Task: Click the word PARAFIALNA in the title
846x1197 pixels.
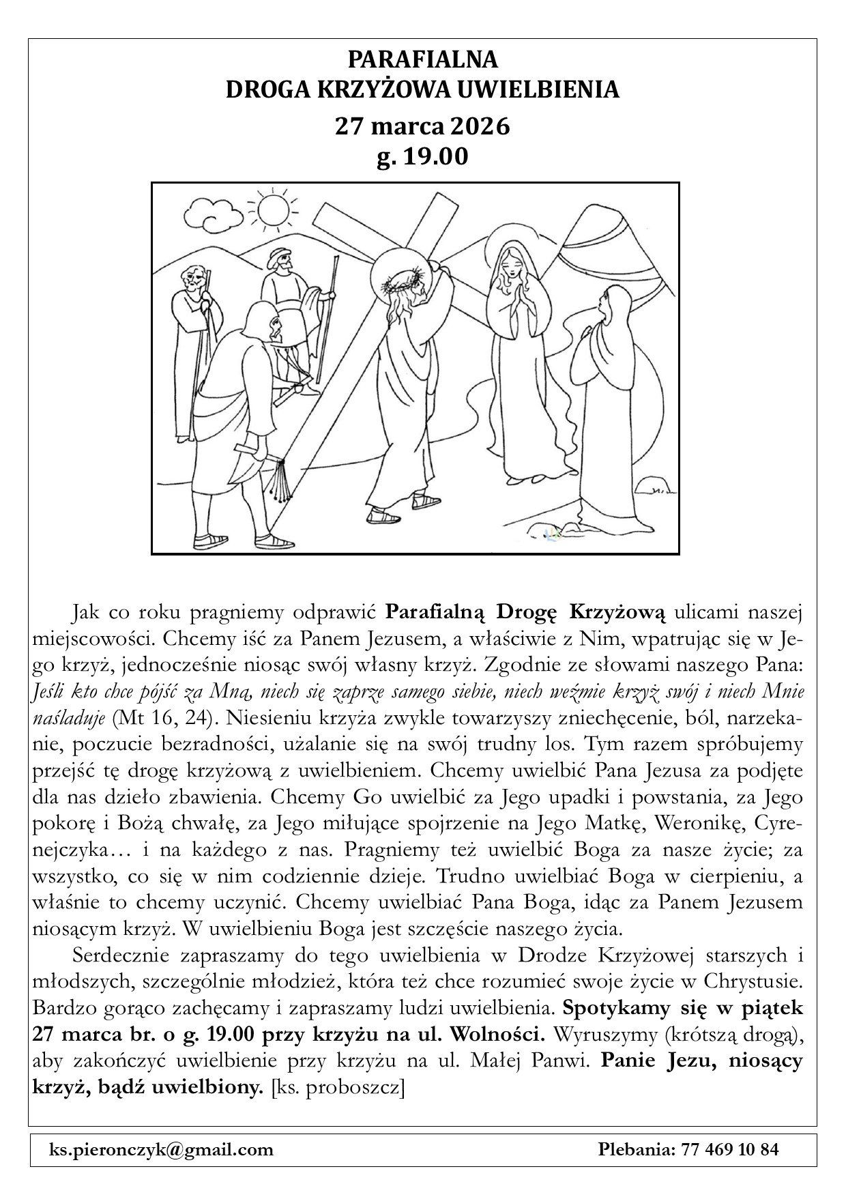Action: tap(423, 60)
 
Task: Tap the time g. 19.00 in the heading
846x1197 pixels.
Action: tap(422, 157)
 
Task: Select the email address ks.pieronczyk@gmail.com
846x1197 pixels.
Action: tap(161, 1149)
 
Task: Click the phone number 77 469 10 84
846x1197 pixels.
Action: tap(729, 1149)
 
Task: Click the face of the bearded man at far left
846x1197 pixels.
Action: tap(194, 279)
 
